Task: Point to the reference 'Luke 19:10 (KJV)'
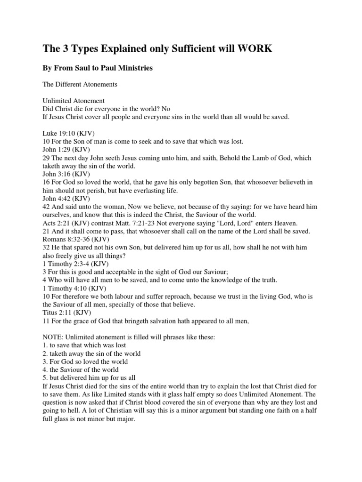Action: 61,134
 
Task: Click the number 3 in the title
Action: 63,48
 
